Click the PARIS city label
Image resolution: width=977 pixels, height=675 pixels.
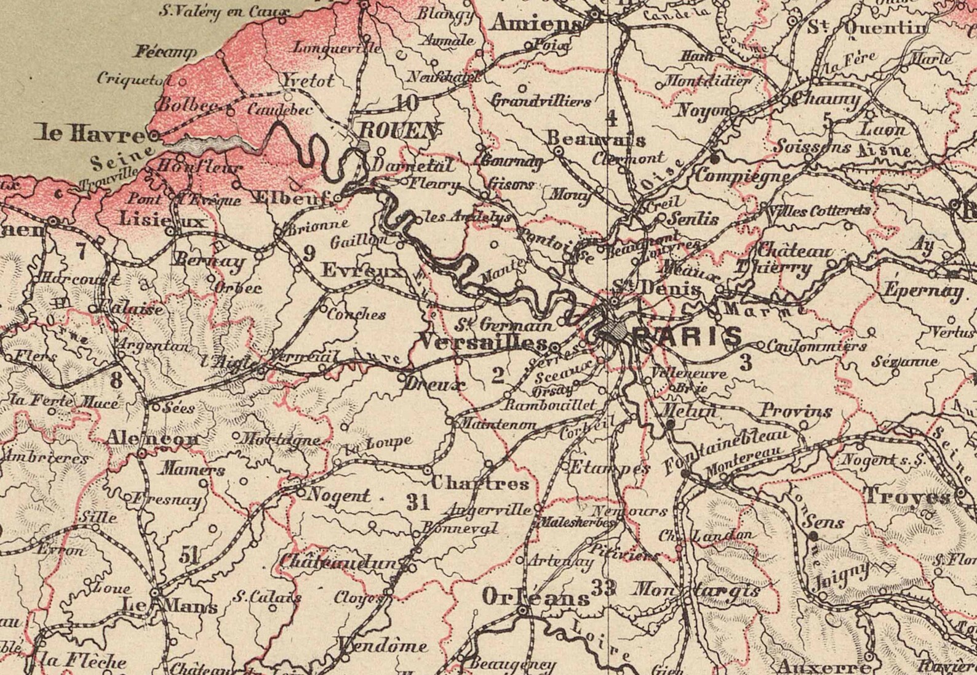(x=687, y=336)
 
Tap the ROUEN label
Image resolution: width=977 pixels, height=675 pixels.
(x=397, y=130)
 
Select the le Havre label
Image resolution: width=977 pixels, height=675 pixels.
(x=89, y=133)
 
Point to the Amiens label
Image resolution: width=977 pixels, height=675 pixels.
(x=537, y=24)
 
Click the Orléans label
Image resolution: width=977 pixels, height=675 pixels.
(x=536, y=597)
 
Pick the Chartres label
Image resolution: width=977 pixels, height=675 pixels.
(x=480, y=483)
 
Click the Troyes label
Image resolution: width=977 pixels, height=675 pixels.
(x=907, y=495)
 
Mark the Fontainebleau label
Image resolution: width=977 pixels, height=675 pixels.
(x=726, y=451)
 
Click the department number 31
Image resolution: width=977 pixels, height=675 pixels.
(x=418, y=503)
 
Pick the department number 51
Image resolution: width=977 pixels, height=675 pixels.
(x=189, y=556)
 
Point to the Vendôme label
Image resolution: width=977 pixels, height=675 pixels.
(x=383, y=645)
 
